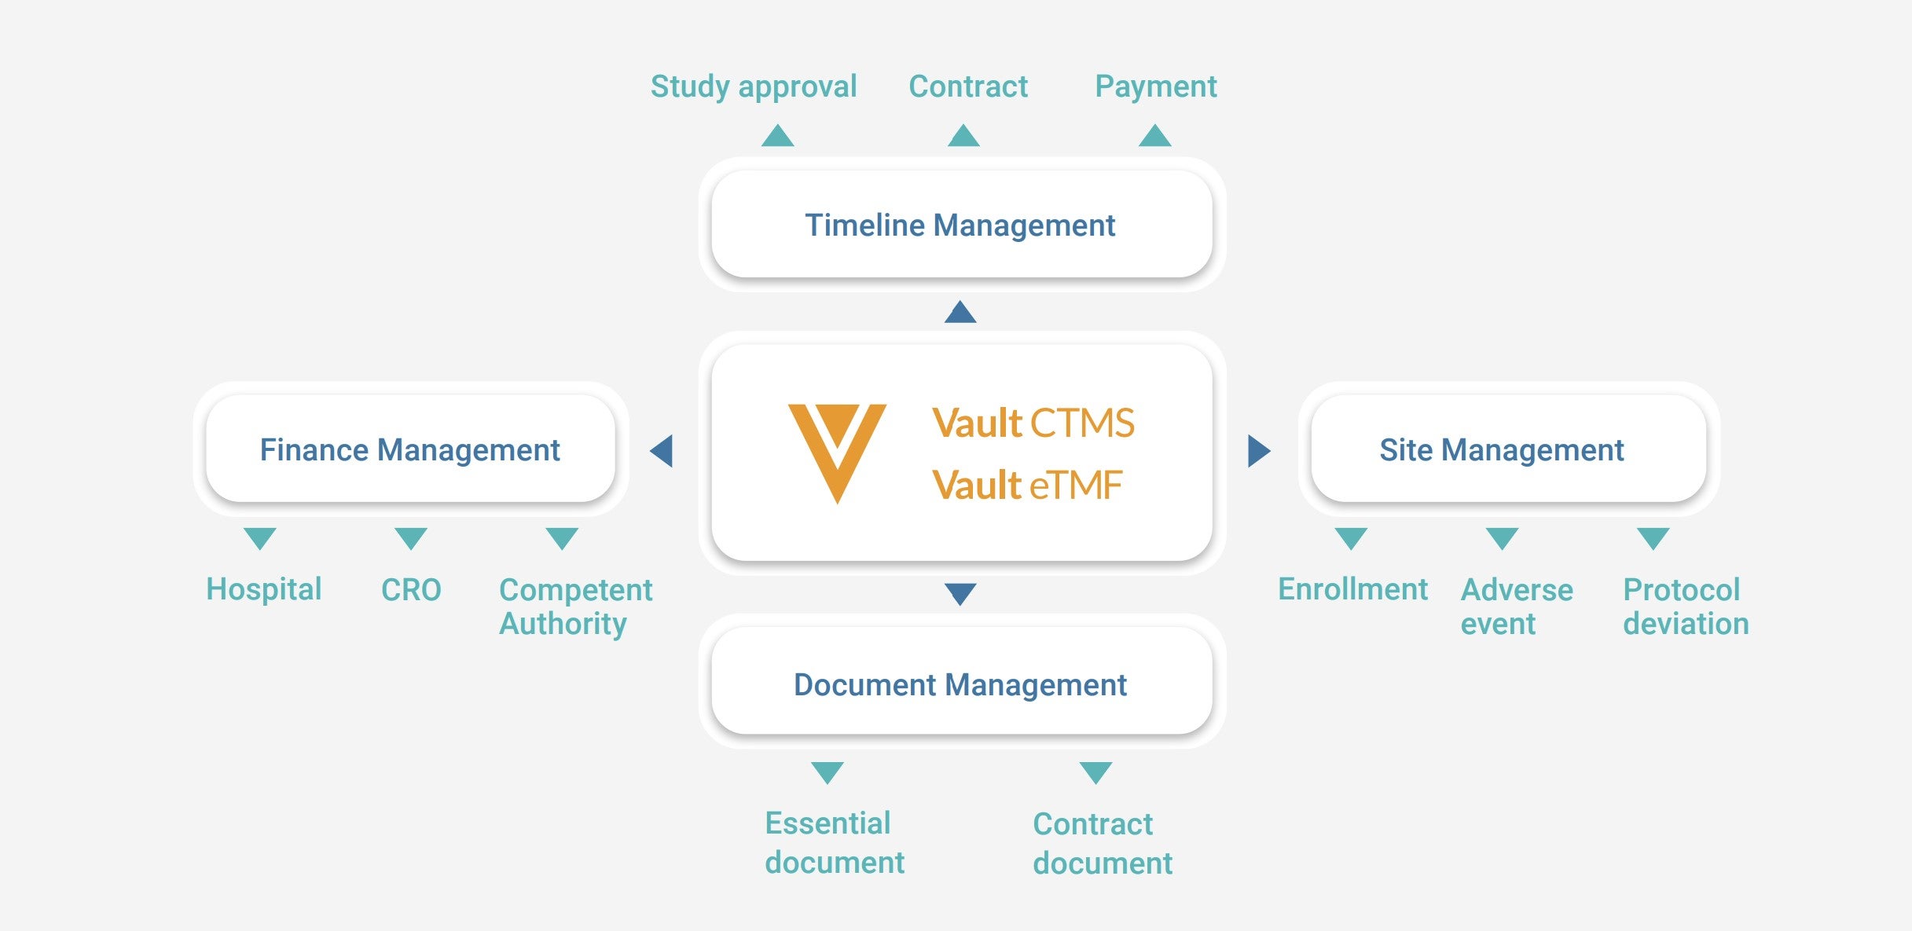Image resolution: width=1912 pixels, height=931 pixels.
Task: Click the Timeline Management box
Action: pyautogui.click(x=960, y=225)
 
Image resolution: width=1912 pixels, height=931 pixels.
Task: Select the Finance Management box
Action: pyautogui.click(x=409, y=449)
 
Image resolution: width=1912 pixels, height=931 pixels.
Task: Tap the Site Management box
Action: pyautogui.click(x=1501, y=449)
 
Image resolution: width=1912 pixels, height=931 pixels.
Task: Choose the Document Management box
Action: pyautogui.click(x=960, y=684)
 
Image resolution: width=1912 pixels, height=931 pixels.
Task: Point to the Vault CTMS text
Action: pyautogui.click(x=1033, y=423)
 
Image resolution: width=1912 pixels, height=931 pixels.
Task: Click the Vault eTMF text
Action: pyautogui.click(x=1026, y=485)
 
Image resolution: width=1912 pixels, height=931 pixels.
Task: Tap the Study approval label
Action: pyautogui.click(x=753, y=86)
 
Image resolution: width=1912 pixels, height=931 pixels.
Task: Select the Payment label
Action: pyautogui.click(x=1155, y=86)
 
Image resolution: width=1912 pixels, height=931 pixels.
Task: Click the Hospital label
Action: pyautogui.click(x=263, y=589)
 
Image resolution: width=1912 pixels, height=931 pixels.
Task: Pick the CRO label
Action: pyautogui.click(x=411, y=589)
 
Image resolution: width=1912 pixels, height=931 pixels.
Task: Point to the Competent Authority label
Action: pyautogui.click(x=575, y=607)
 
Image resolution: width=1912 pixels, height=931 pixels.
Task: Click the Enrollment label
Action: pyautogui.click(x=1352, y=589)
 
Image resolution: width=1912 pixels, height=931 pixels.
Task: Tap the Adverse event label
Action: pyautogui.click(x=1516, y=607)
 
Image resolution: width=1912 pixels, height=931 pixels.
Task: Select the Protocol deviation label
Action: pyautogui.click(x=1686, y=607)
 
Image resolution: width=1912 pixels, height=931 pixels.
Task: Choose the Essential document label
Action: pyautogui.click(x=834, y=842)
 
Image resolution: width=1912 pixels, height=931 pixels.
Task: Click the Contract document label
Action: pyautogui.click(x=1102, y=843)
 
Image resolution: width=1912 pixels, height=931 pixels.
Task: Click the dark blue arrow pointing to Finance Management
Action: pyautogui.click(x=662, y=451)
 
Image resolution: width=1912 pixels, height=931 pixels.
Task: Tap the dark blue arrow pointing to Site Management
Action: pyautogui.click(x=1258, y=451)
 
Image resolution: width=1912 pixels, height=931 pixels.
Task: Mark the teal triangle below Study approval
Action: pyautogui.click(x=777, y=136)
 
